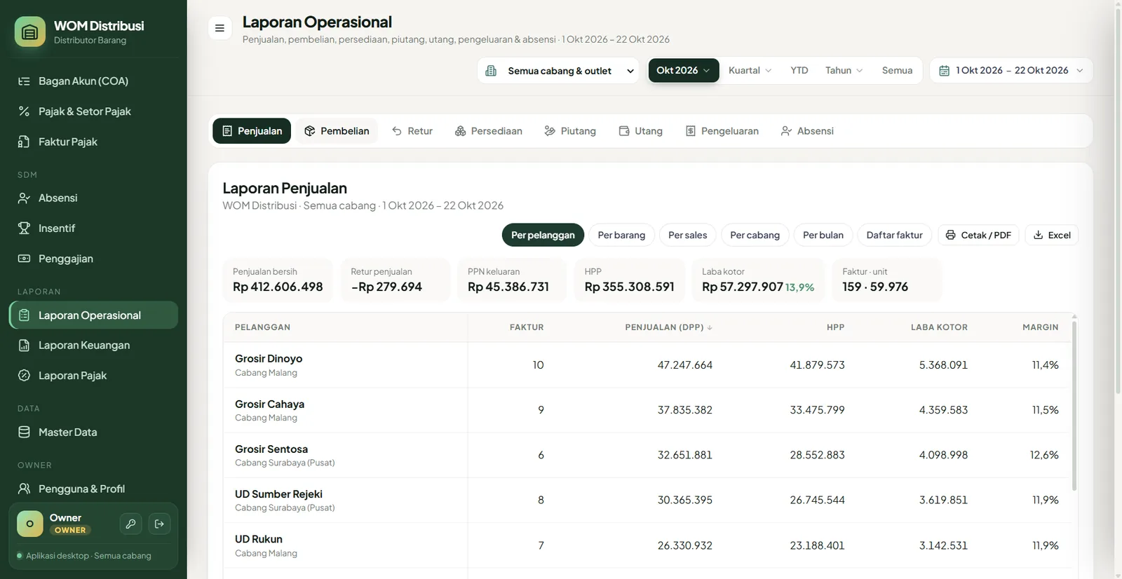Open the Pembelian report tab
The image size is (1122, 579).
click(x=337, y=130)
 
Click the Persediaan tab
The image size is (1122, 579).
click(x=488, y=130)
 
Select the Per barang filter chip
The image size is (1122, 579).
click(x=621, y=235)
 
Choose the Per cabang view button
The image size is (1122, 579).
click(x=755, y=235)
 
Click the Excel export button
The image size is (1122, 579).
click(x=1051, y=235)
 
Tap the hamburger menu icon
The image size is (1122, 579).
click(x=219, y=28)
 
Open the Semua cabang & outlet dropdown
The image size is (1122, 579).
click(x=558, y=71)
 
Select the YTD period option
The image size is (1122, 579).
click(x=799, y=70)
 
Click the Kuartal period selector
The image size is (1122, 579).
click(x=750, y=70)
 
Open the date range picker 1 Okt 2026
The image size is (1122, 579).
click(x=1011, y=71)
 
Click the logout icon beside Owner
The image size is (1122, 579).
click(x=159, y=524)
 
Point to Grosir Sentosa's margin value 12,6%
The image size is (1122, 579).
click(x=1044, y=455)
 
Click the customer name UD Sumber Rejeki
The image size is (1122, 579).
click(x=278, y=494)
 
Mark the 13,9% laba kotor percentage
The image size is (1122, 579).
click(x=799, y=287)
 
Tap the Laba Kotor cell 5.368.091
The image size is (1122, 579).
click(x=943, y=365)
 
